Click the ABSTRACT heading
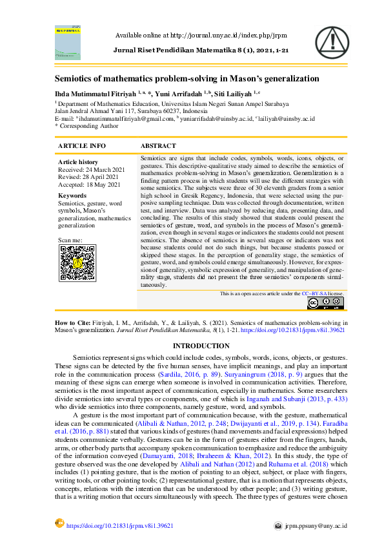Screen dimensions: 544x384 tap(158, 146)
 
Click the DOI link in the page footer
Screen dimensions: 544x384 tap(120, 526)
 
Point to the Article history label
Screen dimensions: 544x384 tap(78, 162)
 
